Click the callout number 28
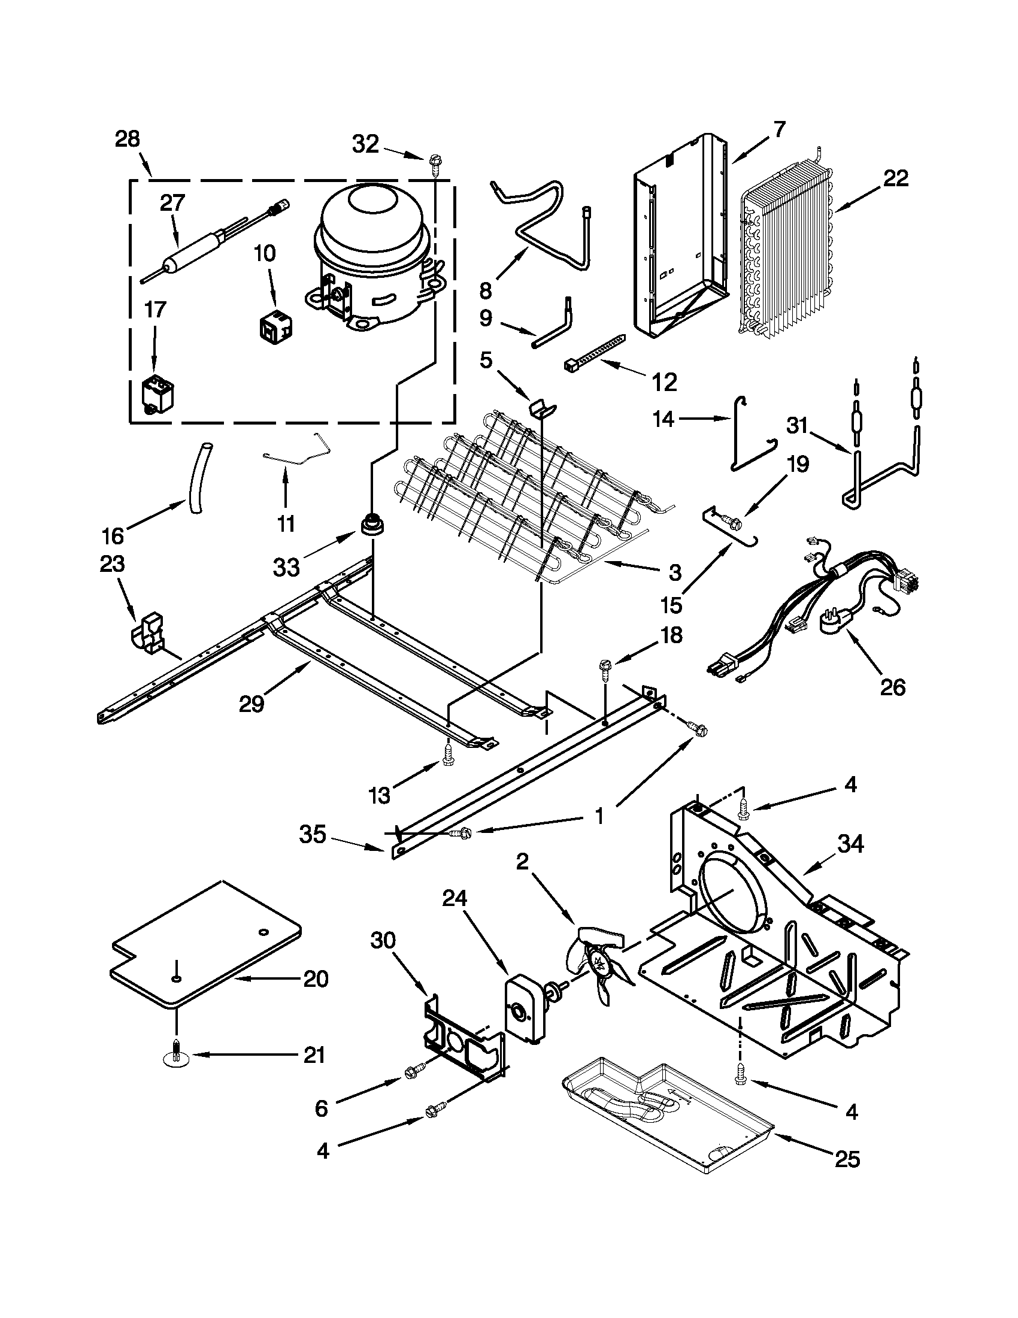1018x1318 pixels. (128, 140)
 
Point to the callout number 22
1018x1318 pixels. (895, 178)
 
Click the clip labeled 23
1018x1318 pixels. (149, 634)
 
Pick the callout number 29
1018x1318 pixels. (252, 704)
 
